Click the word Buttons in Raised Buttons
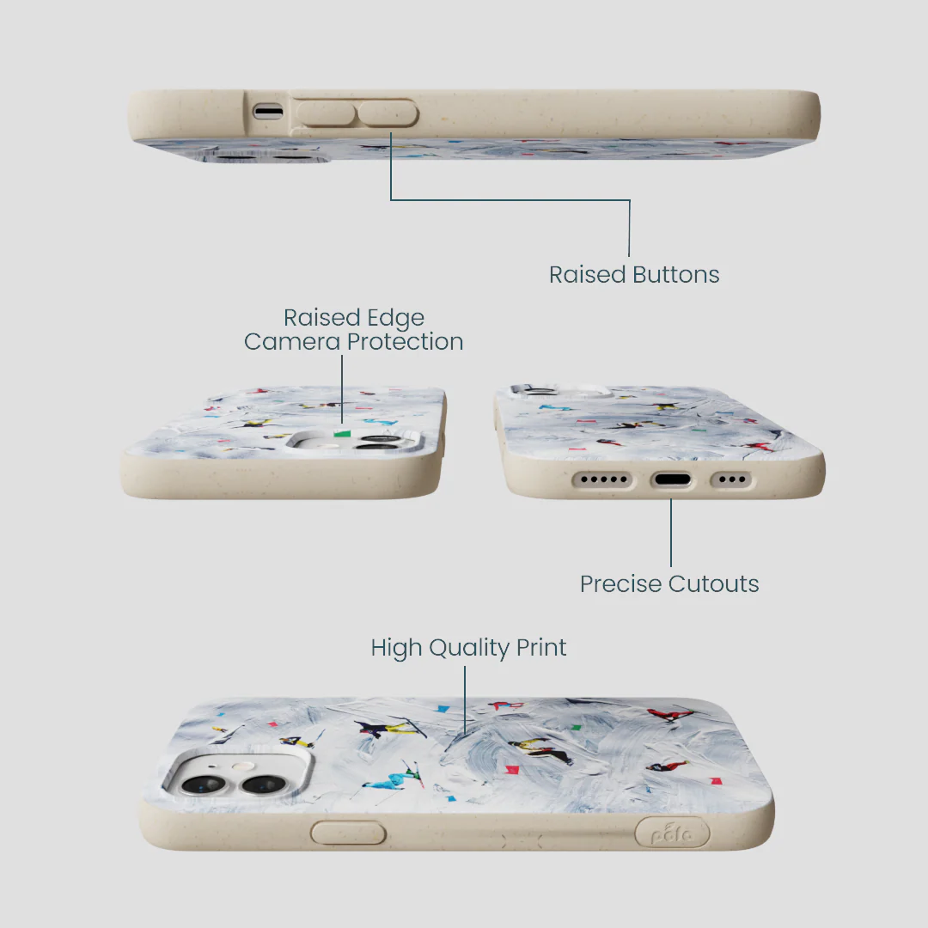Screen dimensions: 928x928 pyautogui.click(x=676, y=275)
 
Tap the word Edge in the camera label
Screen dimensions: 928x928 pyautogui.click(x=395, y=319)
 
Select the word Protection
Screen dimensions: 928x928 pyautogui.click(x=405, y=341)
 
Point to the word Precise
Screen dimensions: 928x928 pyautogui.click(x=621, y=584)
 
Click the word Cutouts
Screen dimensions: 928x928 pyautogui.click(x=714, y=584)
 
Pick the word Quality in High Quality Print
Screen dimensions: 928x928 pyautogui.click(x=469, y=649)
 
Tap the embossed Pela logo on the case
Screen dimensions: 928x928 pyautogui.click(x=672, y=833)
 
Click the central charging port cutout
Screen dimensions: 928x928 pyautogui.click(x=671, y=479)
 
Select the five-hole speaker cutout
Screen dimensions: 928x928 pyautogui.click(x=603, y=479)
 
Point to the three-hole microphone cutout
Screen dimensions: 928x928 pyautogui.click(x=732, y=479)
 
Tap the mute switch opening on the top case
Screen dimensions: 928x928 pyautogui.click(x=268, y=111)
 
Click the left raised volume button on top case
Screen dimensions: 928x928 pyautogui.click(x=326, y=113)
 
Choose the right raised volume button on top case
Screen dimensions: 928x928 pyautogui.click(x=388, y=113)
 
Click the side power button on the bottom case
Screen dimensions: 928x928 pyautogui.click(x=348, y=833)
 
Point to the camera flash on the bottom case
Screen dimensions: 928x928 pyautogui.click(x=239, y=767)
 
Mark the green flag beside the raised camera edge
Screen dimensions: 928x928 pyautogui.click(x=342, y=434)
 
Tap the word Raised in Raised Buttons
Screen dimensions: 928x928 pyautogui.click(x=587, y=275)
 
